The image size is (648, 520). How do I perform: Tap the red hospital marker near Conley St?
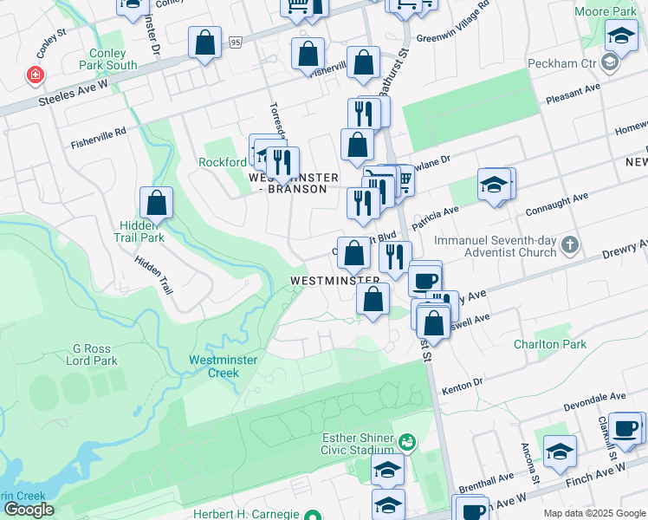coord(36,76)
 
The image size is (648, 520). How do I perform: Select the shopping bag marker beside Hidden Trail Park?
coord(156,204)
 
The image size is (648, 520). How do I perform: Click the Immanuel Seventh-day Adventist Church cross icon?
coord(569,244)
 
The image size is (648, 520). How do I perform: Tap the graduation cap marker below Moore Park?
coord(620,36)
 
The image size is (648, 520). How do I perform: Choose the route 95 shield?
coord(236,42)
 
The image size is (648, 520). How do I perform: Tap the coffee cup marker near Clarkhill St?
coord(625,427)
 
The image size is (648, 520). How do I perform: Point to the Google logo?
coord(28,510)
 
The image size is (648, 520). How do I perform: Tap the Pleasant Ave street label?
coord(573,94)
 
